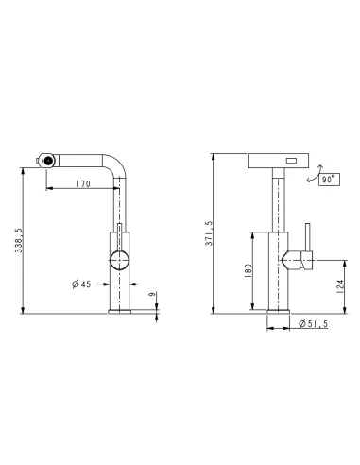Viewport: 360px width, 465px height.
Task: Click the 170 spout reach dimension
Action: tap(83, 183)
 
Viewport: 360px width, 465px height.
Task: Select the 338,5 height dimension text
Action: tap(19, 240)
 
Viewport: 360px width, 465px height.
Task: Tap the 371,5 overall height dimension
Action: tap(210, 233)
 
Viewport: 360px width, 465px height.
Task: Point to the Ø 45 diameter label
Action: tap(81, 284)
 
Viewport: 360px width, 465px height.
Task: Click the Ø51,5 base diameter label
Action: tap(314, 323)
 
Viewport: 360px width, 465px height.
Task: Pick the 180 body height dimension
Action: tap(249, 270)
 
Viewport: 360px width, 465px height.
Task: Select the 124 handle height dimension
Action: tap(340, 286)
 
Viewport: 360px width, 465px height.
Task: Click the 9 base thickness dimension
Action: tap(152, 294)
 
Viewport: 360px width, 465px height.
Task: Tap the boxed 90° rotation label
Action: tap(329, 180)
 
